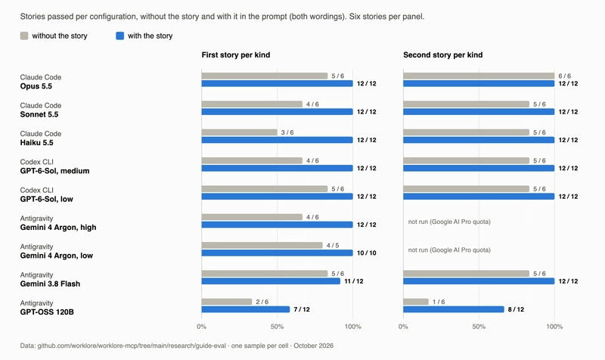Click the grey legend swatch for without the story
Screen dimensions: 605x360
pyautogui.click(x=24, y=36)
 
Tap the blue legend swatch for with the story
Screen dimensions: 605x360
pyautogui.click(x=120, y=36)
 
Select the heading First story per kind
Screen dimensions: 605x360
pyautogui.click(x=236, y=54)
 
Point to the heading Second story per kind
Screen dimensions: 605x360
pyautogui.click(x=442, y=54)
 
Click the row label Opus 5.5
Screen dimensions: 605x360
pyautogui.click(x=36, y=86)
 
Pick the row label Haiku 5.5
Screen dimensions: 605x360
pyautogui.click(x=36, y=142)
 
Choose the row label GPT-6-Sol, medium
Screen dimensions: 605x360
pyautogui.click(x=54, y=171)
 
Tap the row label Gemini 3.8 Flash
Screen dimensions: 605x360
pyautogui.click(x=50, y=284)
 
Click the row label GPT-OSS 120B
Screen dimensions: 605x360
pyautogui.click(x=47, y=312)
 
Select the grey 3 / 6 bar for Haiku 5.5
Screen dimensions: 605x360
pyautogui.click(x=239, y=132)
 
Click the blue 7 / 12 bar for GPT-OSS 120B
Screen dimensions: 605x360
pyautogui.click(x=245, y=309)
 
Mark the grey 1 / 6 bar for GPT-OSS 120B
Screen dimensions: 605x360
pyautogui.click(x=415, y=302)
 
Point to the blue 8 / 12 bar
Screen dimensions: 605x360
pyautogui.click(x=453, y=309)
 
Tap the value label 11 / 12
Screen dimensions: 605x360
pyautogui.click(x=354, y=281)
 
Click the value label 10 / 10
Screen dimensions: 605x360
pyautogui.click(x=367, y=253)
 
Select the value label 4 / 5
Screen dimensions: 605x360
pyautogui.click(x=333, y=245)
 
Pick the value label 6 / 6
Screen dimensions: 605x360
pyautogui.click(x=564, y=76)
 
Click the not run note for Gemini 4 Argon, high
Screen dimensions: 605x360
pyautogui.click(x=449, y=222)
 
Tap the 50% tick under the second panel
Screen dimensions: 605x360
pyautogui.click(x=479, y=327)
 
